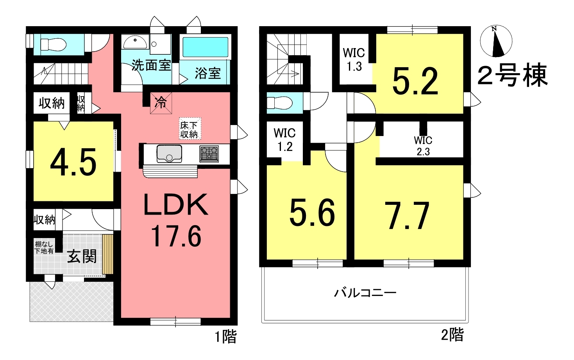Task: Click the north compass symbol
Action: [x=496, y=41]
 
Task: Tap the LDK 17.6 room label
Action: [x=176, y=220]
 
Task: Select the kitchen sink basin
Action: [x=169, y=154]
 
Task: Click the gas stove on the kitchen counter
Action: [x=209, y=154]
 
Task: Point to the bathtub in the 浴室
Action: [x=205, y=47]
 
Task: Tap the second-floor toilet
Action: [x=279, y=103]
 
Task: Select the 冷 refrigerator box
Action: [x=161, y=103]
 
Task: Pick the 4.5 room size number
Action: [x=73, y=162]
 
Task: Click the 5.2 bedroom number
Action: [x=415, y=81]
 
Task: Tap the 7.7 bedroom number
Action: [x=408, y=216]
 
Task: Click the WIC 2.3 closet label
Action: [x=423, y=146]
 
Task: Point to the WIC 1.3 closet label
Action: [x=354, y=60]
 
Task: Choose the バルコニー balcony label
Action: [x=365, y=293]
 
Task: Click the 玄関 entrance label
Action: [x=82, y=256]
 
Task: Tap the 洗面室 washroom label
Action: [x=151, y=65]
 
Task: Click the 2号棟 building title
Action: [x=513, y=75]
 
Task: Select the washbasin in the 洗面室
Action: [x=135, y=42]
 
